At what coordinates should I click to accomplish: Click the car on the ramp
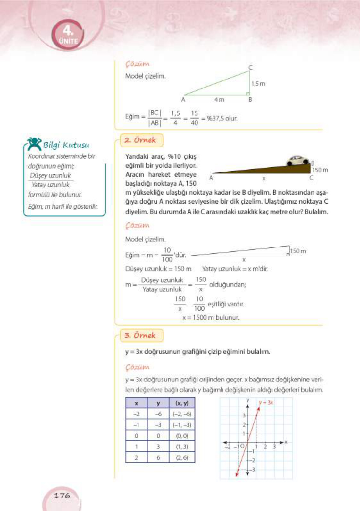click(298, 160)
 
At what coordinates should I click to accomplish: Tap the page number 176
click(62, 496)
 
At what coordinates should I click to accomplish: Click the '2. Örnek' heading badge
click(141, 140)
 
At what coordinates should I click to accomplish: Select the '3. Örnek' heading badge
click(141, 335)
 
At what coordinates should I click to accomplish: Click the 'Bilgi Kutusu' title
click(66, 145)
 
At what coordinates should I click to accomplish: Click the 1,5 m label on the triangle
click(258, 84)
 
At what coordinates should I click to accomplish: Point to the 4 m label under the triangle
click(219, 100)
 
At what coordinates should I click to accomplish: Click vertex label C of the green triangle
click(250, 67)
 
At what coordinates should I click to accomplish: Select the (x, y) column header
click(182, 403)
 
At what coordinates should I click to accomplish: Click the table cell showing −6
click(158, 414)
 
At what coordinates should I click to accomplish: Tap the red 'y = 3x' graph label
click(266, 402)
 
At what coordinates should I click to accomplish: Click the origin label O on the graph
click(242, 446)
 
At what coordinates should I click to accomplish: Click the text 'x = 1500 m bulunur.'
click(211, 318)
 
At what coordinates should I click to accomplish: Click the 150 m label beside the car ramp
click(320, 170)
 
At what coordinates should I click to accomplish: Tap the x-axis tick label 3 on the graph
click(274, 447)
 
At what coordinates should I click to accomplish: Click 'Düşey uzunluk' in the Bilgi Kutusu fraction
click(50, 176)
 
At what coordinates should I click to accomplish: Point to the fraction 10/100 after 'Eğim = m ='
click(167, 255)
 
